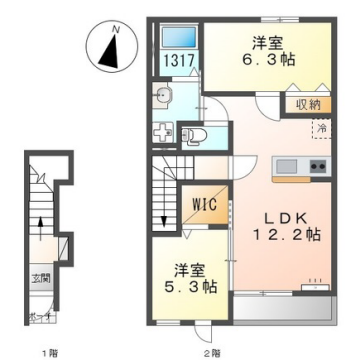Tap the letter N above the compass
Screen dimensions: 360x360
click(117, 30)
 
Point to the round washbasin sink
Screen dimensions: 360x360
click(165, 96)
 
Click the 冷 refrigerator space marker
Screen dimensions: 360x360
click(320, 128)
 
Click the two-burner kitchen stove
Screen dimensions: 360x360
click(318, 164)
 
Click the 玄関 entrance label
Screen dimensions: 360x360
click(39, 276)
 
